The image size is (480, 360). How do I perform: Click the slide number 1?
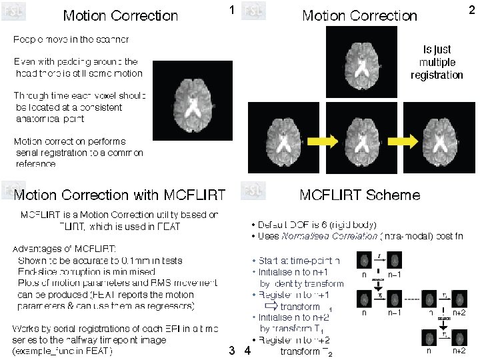231,10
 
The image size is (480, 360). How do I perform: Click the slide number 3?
231,349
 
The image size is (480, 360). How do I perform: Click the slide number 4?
247,349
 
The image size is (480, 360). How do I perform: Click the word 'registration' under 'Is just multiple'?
437,75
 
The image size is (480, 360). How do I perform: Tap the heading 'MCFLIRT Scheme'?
360,195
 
